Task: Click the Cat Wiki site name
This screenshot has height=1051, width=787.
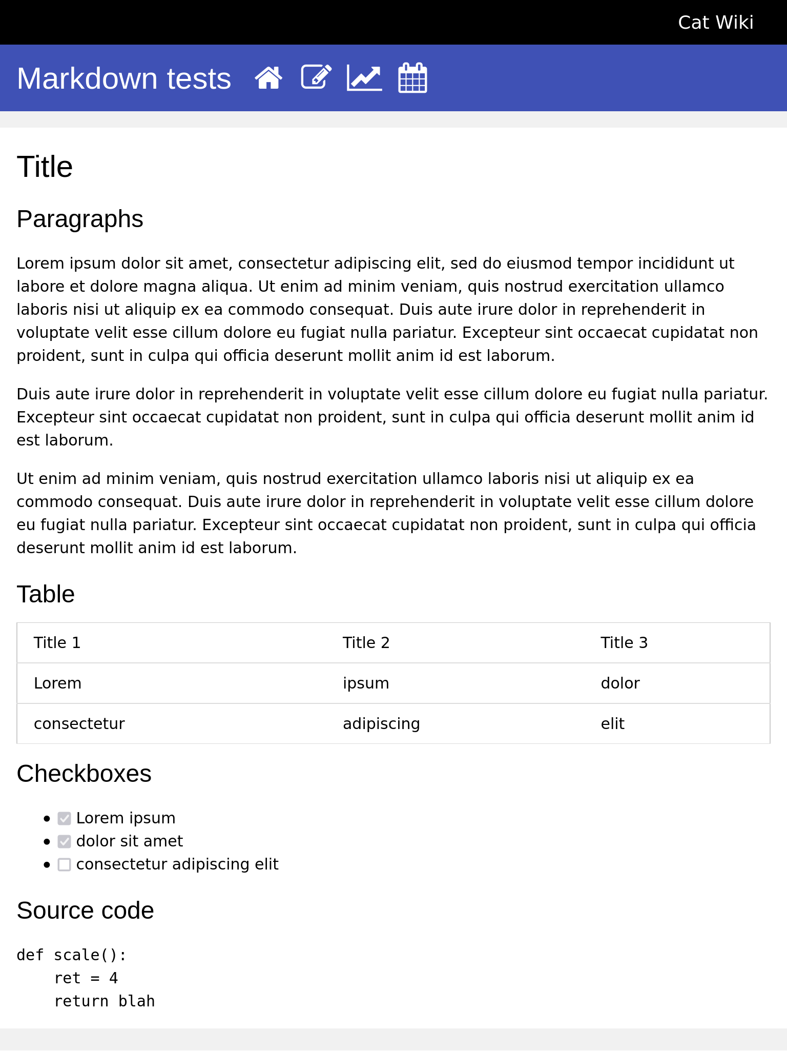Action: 715,23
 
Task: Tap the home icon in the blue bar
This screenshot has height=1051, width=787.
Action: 268,78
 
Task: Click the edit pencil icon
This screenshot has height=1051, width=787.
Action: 316,77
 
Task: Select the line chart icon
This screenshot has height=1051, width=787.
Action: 364,78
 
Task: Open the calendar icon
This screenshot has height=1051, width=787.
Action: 412,78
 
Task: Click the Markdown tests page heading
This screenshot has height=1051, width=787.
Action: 124,78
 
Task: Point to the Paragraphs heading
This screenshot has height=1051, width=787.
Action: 80,219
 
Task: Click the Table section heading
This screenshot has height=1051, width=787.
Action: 46,594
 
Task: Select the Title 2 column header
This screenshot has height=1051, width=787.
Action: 366,643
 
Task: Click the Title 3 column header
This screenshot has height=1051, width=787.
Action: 624,643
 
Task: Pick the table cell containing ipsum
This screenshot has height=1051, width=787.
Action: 366,683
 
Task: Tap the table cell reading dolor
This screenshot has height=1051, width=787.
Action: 620,683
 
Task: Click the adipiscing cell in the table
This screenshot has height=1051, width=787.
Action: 381,724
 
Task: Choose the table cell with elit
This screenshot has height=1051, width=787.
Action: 612,724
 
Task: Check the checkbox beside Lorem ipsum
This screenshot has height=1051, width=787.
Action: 64,818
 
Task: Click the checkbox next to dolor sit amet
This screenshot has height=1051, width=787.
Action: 64,841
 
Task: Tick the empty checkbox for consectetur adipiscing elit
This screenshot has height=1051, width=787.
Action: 64,864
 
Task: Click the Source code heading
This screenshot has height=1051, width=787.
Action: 85,911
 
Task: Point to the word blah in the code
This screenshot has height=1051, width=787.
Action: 136,1001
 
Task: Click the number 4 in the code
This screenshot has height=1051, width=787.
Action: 113,978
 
